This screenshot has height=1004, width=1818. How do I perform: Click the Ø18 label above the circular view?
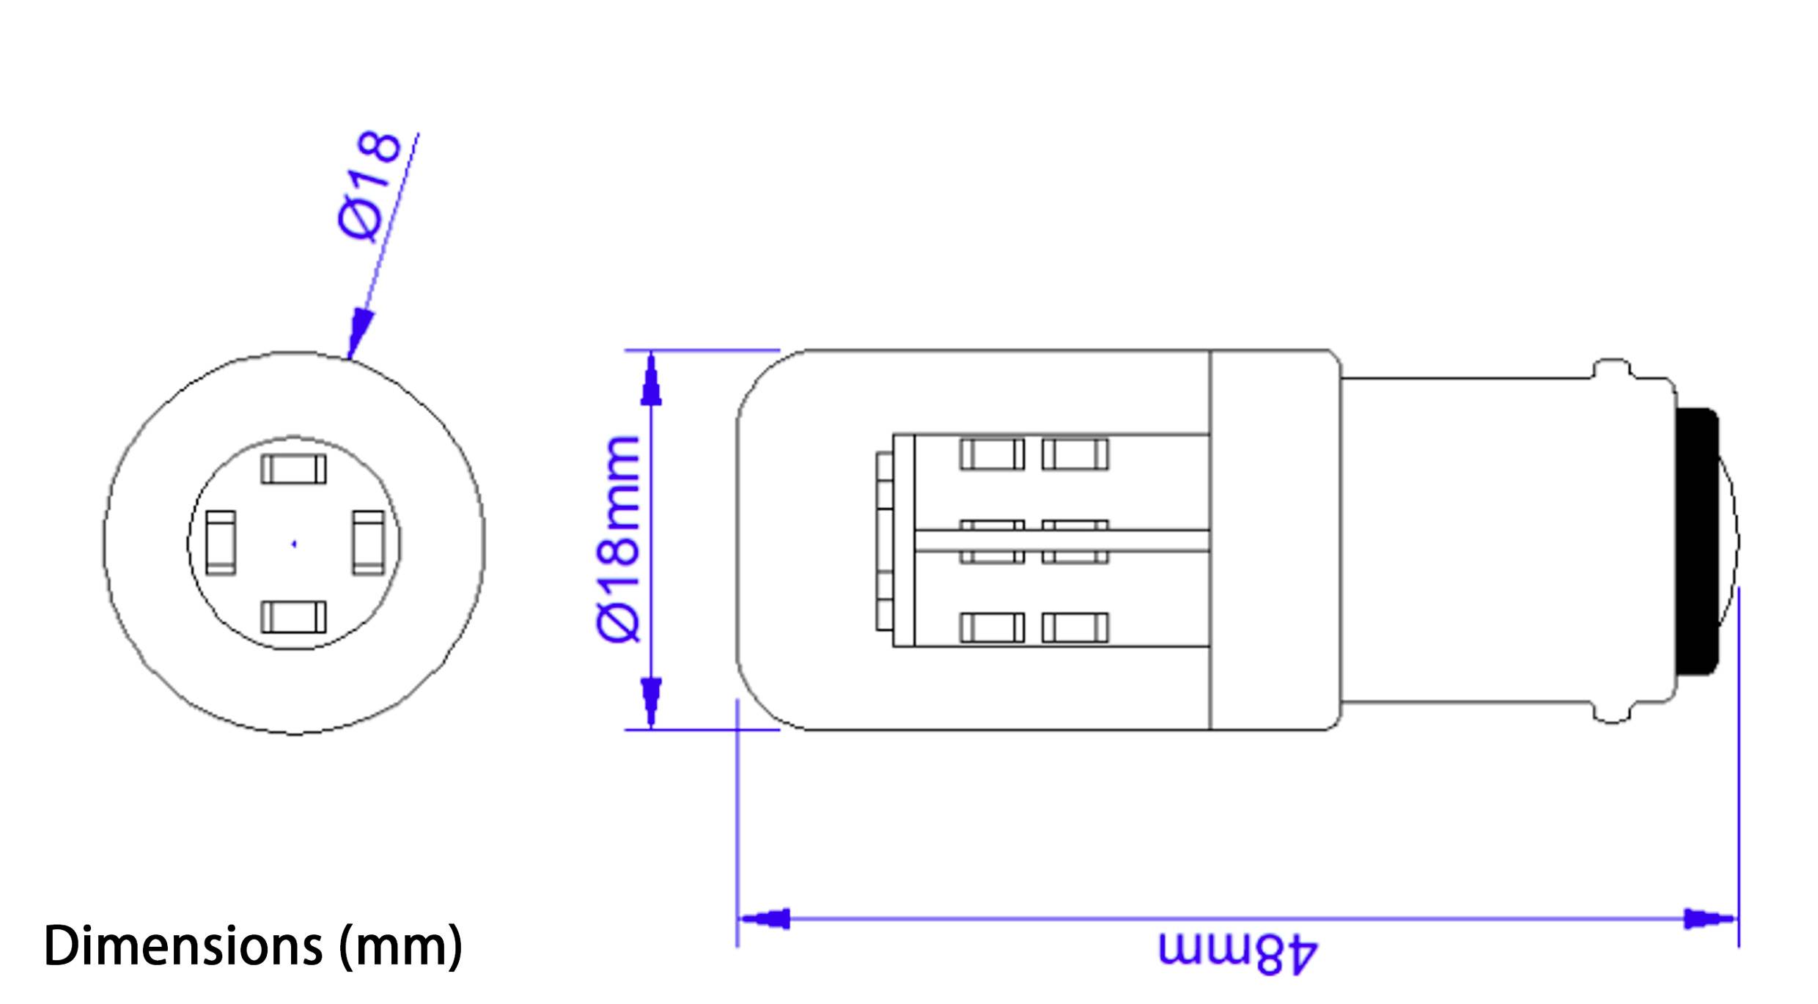tap(371, 186)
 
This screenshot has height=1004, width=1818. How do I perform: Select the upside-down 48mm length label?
tap(1238, 953)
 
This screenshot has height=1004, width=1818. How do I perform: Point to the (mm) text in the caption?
tap(401, 946)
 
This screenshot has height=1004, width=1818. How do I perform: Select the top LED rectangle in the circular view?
tap(293, 469)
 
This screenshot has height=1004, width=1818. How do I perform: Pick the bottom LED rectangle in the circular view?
tap(293, 616)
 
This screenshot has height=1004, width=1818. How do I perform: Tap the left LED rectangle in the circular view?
tap(221, 542)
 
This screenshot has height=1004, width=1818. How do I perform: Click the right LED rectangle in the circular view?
tap(368, 542)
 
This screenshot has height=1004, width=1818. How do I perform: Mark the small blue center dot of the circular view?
tap(294, 544)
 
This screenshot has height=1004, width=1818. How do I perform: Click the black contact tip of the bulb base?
tap(1696, 541)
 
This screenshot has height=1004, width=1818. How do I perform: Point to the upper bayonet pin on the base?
tap(1613, 369)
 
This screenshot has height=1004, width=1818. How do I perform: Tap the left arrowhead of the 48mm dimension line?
tap(766, 918)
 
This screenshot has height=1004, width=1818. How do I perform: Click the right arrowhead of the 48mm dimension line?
tap(1708, 918)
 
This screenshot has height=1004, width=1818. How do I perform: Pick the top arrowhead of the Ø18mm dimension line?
tap(651, 381)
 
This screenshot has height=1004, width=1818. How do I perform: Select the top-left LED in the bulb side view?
tap(992, 454)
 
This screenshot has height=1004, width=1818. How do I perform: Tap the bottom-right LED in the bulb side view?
tap(1075, 628)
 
